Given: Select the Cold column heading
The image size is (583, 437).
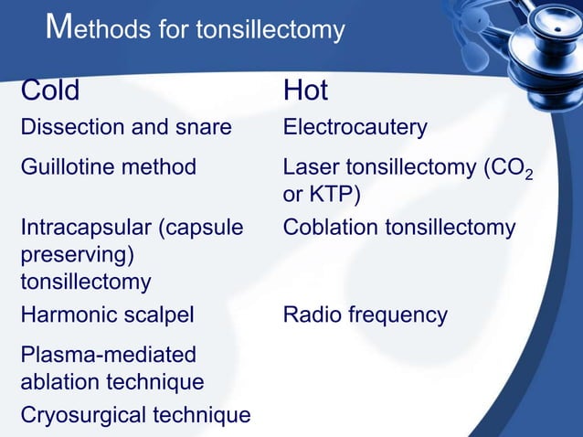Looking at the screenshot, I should [50, 91].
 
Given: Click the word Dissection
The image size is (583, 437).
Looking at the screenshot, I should [69, 127].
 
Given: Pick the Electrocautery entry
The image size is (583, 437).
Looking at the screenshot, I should [355, 127].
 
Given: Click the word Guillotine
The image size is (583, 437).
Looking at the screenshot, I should [66, 167].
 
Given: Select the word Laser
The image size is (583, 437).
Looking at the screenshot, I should [309, 167].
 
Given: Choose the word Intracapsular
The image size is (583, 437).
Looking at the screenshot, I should [85, 227].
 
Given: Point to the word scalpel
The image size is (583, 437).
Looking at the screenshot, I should [163, 315].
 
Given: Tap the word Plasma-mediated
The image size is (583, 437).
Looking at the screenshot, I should [108, 353].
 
